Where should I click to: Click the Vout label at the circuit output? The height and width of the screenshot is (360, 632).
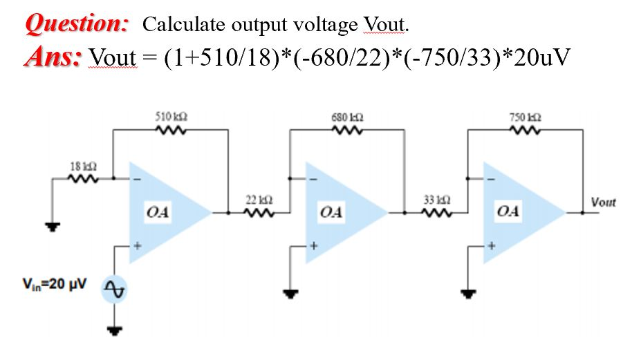click(x=604, y=202)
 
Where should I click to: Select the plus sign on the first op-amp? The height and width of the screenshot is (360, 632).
click(x=138, y=245)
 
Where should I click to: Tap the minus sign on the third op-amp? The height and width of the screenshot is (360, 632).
click(x=492, y=181)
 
